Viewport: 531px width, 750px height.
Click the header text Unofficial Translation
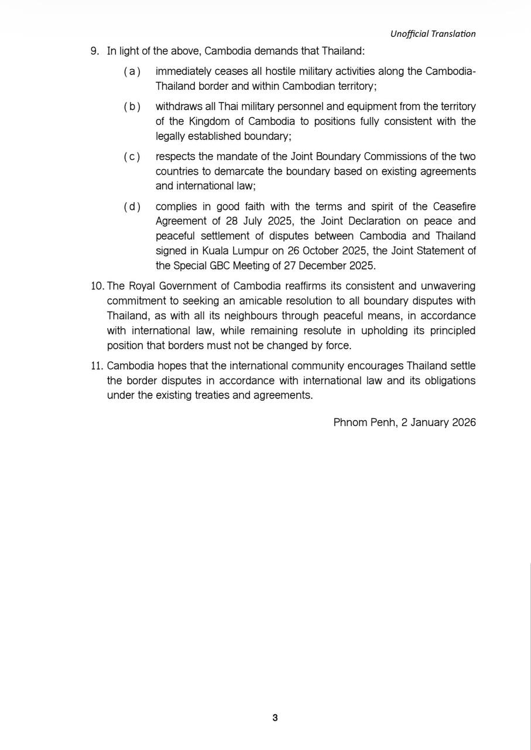pyautogui.click(x=433, y=34)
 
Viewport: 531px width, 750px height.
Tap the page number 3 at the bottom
pyautogui.click(x=275, y=718)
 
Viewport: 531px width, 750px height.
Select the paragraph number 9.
pyautogui.click(x=94, y=51)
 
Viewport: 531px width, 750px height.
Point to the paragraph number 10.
pyautogui.click(x=97, y=286)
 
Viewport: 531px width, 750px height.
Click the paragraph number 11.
pyautogui.click(x=97, y=366)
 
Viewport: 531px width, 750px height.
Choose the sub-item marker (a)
pyautogui.click(x=132, y=71)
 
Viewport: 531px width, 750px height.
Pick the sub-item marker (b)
pyautogui.click(x=132, y=107)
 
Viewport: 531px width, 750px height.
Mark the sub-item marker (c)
pyautogui.click(x=132, y=156)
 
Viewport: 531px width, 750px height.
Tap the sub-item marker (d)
pyautogui.click(x=132, y=206)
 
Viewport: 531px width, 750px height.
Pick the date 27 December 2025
pyautogui.click(x=330, y=265)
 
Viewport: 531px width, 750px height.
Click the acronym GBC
pyautogui.click(x=231, y=265)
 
